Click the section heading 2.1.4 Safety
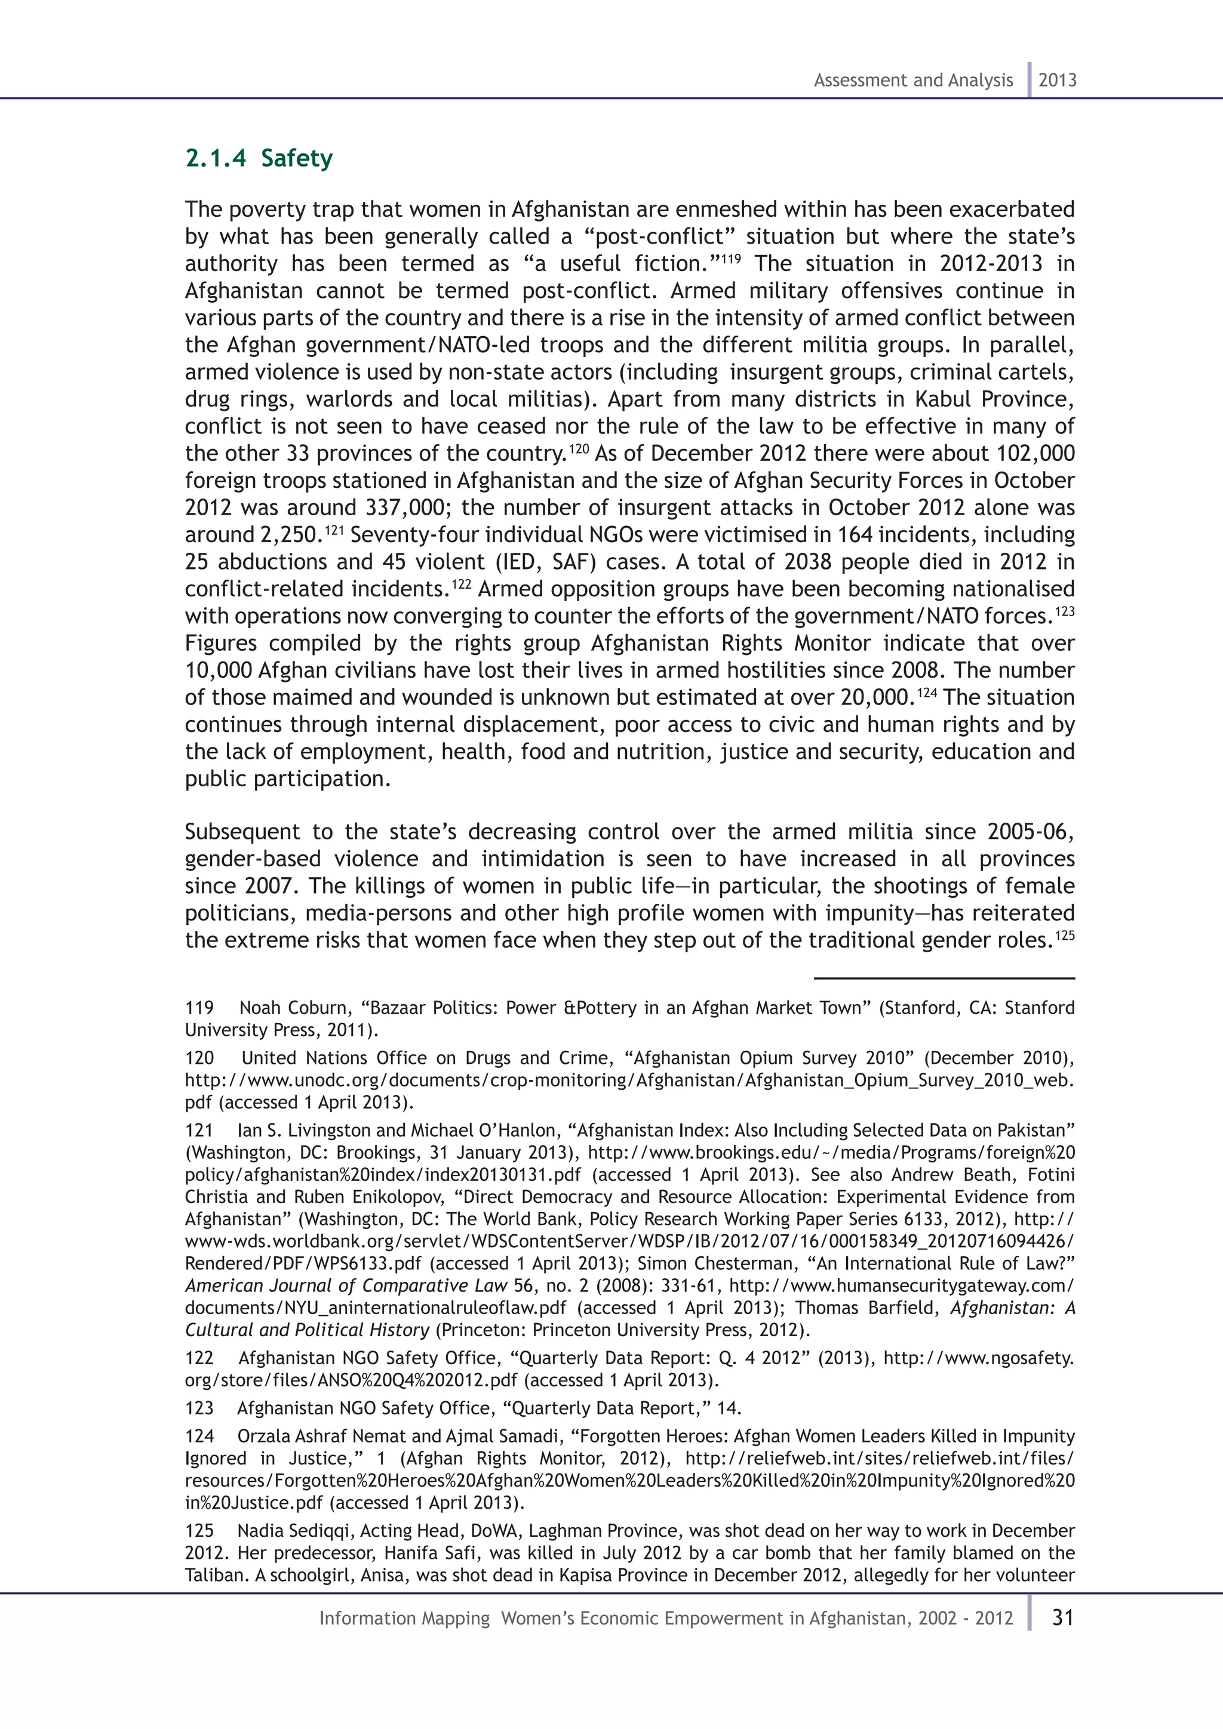(259, 159)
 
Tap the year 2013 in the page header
(1058, 81)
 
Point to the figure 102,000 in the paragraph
(1035, 454)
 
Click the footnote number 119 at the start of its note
(199, 1008)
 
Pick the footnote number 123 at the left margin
(199, 1408)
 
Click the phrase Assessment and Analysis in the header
(912, 81)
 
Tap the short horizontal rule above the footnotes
(944, 978)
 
